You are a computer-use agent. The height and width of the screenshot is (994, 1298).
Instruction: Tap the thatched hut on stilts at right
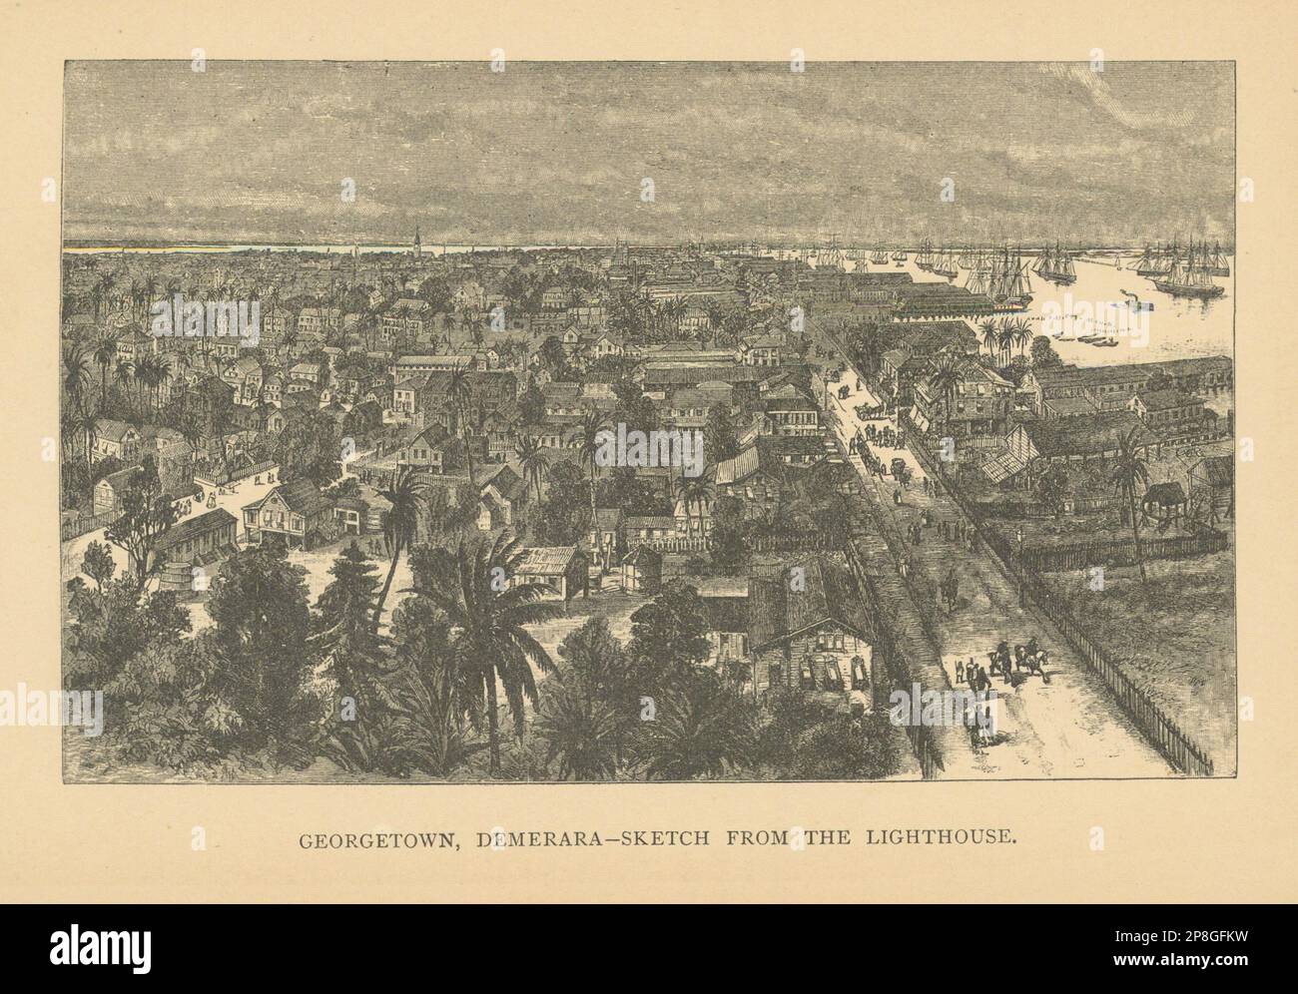pos(1163,494)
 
